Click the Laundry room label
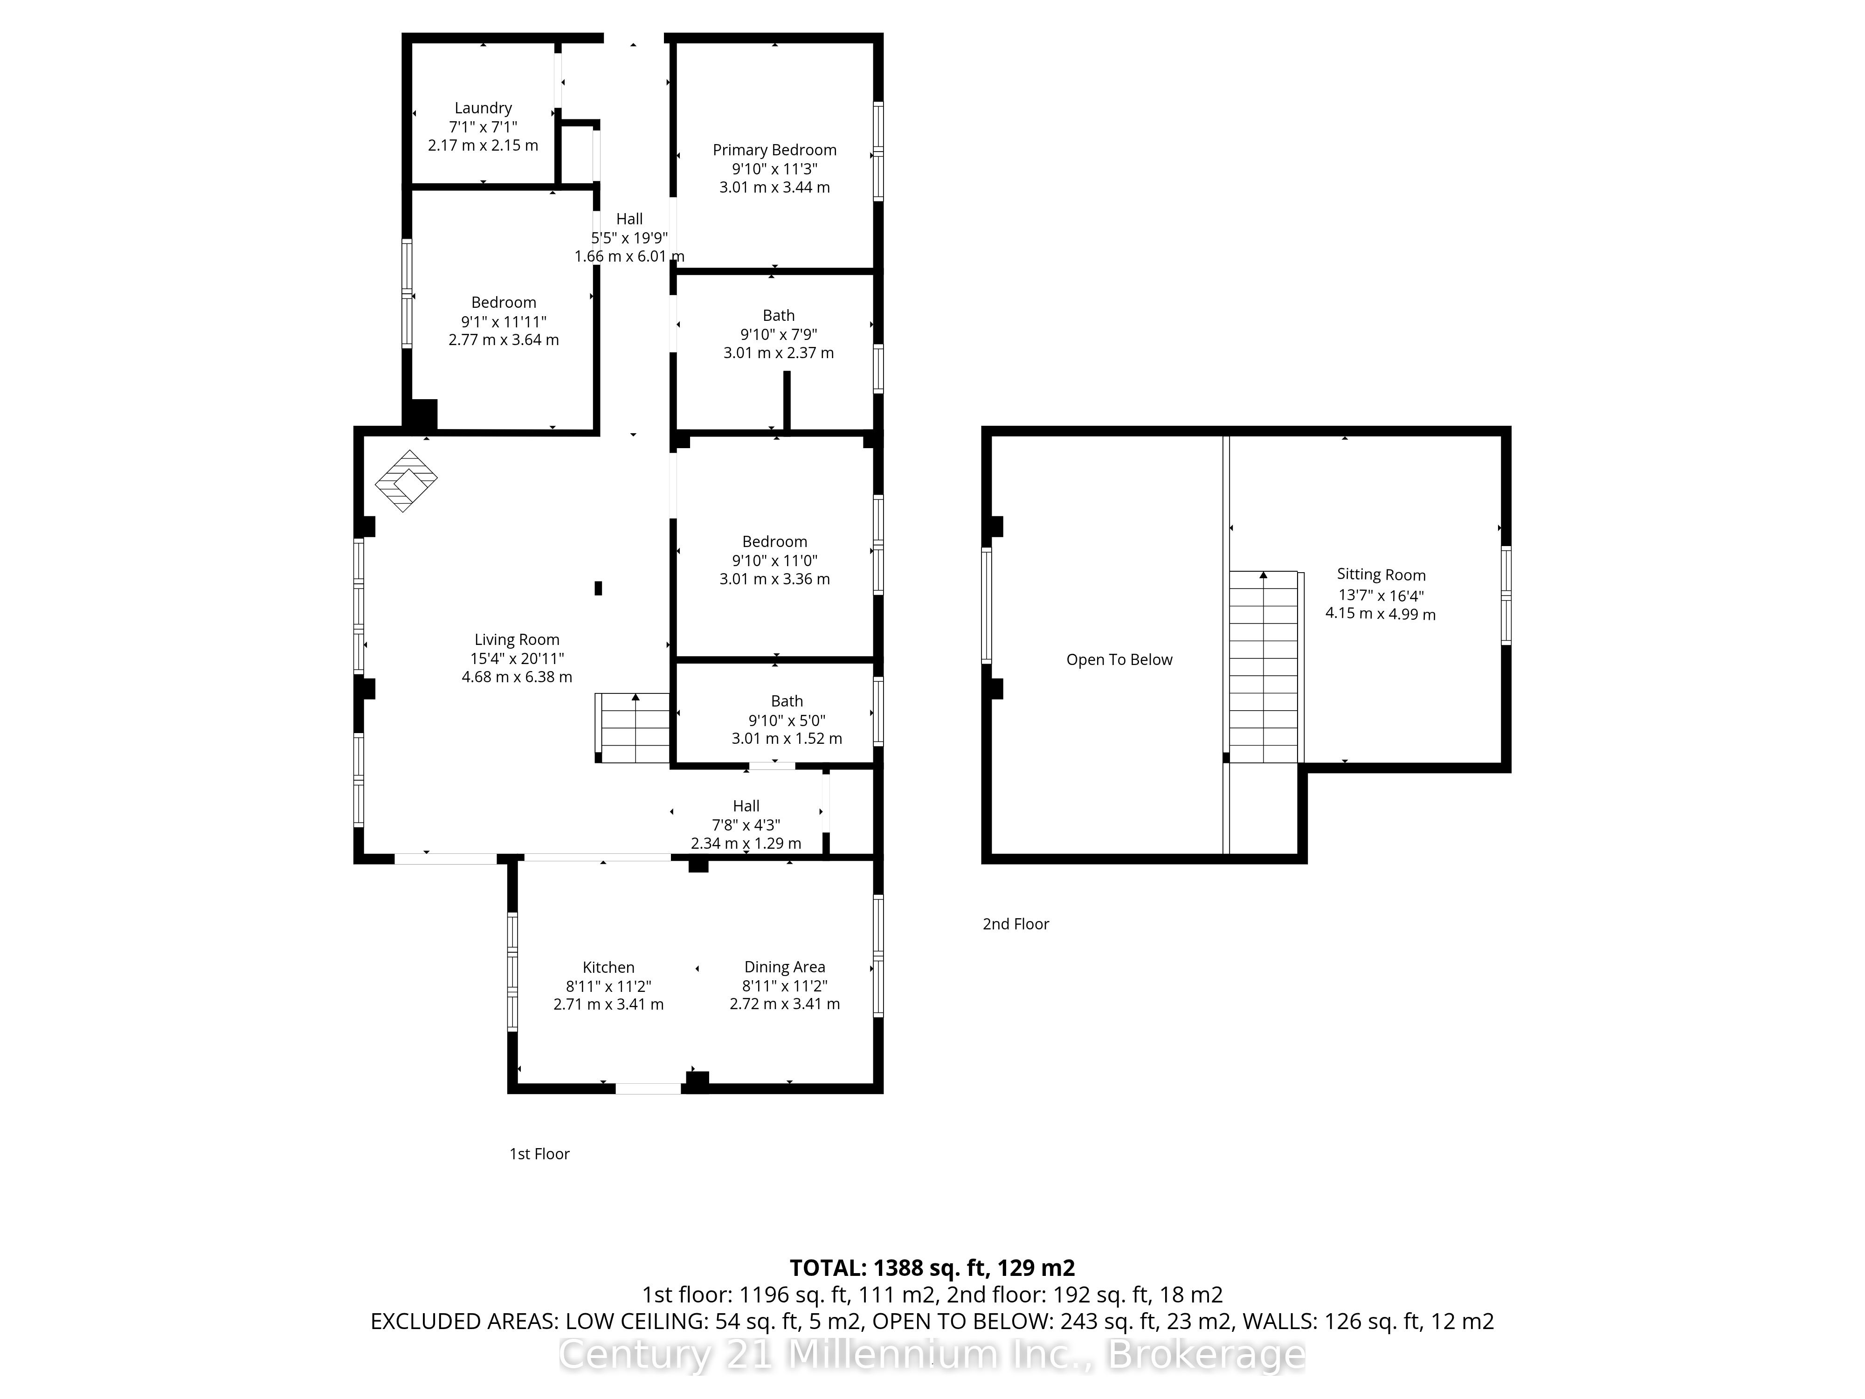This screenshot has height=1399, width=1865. [x=483, y=108]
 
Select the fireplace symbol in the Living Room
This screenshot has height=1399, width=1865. [x=407, y=481]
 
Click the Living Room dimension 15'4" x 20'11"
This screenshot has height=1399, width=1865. [x=517, y=658]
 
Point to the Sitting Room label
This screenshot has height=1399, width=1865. [x=1381, y=575]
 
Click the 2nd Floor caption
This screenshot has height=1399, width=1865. [x=1016, y=924]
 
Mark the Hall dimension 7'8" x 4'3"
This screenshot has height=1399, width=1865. [x=746, y=825]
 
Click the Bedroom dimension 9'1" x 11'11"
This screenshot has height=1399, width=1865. [x=504, y=321]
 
